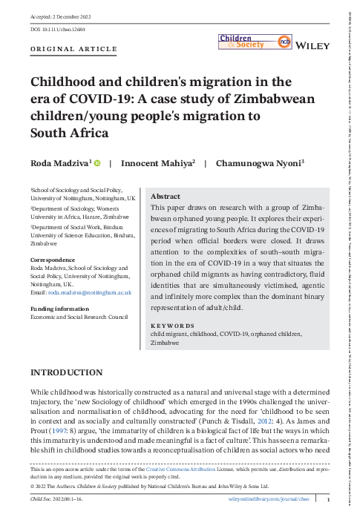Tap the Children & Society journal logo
[252, 43]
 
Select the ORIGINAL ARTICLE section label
[73, 49]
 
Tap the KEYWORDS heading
[173, 326]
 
